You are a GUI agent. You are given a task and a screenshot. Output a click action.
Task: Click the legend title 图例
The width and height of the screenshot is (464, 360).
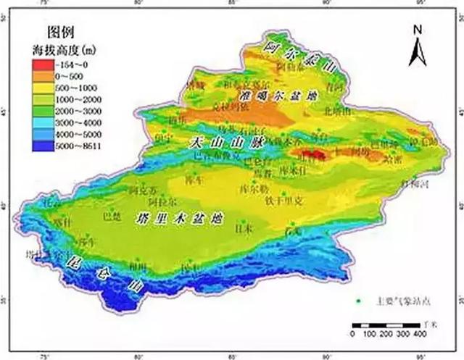point(60,31)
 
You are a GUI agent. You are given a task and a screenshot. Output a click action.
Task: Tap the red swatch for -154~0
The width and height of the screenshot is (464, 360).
point(41,63)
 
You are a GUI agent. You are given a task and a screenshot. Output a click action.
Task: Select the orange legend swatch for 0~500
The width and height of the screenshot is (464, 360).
point(41,75)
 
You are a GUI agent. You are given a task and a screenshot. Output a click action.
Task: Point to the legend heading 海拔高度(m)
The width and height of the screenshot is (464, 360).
point(65,49)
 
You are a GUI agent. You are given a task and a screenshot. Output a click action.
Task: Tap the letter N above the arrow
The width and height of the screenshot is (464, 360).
point(418,30)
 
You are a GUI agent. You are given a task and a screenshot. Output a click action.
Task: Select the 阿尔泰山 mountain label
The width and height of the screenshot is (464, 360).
point(300,60)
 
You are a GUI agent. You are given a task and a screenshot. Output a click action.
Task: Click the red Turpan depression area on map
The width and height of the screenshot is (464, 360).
point(312,154)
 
